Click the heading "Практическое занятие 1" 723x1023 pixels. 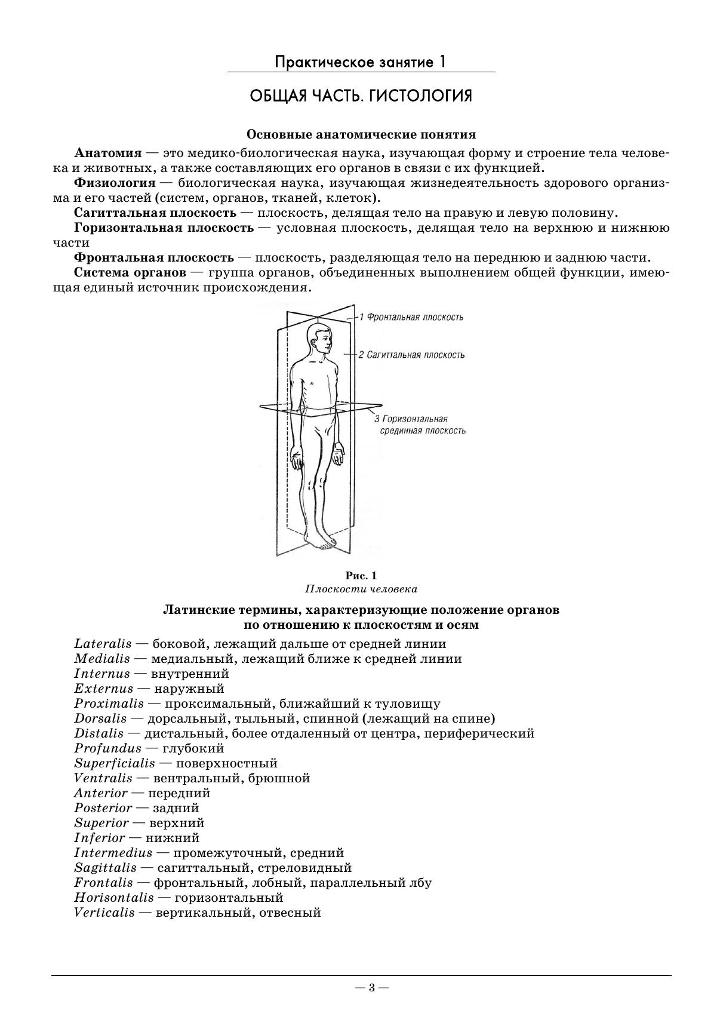361,62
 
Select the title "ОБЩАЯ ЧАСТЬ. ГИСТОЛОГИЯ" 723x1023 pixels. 361,96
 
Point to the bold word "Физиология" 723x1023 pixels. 115,183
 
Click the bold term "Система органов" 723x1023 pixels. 130,273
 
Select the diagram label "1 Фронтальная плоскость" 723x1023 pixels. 411,317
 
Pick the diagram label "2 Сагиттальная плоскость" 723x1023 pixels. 411,355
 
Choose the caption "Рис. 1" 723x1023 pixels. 361,576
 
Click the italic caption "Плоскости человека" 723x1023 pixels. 361,589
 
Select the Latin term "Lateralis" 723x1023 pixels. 103,644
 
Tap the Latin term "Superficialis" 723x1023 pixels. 115,763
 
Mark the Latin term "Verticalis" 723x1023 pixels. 104,913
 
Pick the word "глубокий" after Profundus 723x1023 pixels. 193,748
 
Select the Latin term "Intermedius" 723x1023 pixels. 113,853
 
